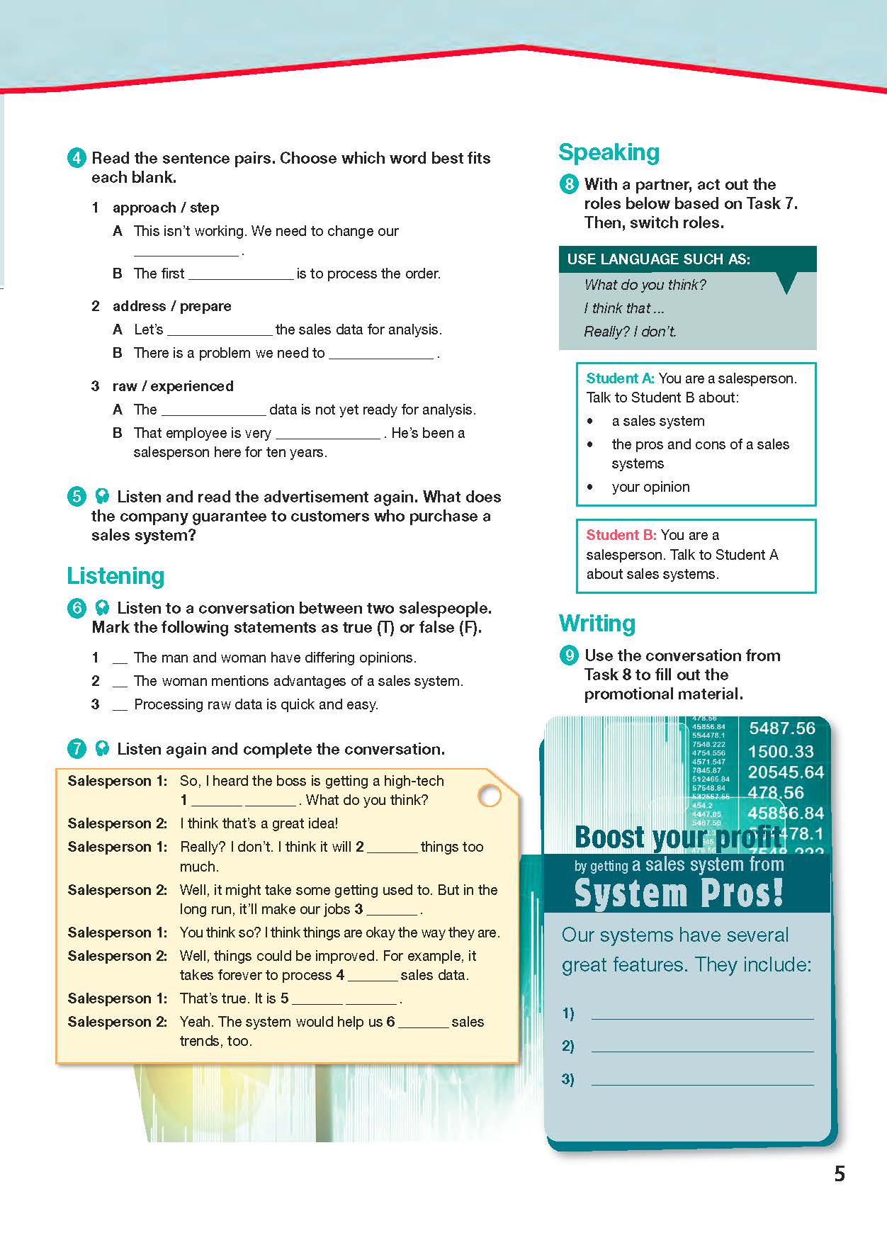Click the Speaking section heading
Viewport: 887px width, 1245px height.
[609, 152]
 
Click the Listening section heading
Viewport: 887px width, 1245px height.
[115, 576]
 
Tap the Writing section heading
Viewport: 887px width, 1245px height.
[597, 624]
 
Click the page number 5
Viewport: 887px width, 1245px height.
[840, 1174]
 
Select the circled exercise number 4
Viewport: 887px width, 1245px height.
[77, 158]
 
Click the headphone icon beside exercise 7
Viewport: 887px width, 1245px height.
[102, 749]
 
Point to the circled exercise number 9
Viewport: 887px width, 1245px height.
[569, 655]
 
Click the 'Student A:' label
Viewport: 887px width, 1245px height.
[620, 378]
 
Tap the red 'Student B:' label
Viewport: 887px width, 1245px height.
[621, 535]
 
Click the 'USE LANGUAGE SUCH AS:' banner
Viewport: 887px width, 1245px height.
[658, 259]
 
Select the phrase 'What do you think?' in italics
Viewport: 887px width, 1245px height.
[645, 285]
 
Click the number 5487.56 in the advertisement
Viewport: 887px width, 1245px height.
[782, 728]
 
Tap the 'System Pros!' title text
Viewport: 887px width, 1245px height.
[679, 893]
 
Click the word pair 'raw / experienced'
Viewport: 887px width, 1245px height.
[173, 386]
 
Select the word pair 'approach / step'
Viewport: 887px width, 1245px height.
[166, 208]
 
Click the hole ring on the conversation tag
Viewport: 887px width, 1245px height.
[490, 796]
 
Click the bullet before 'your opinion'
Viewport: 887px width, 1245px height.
[591, 488]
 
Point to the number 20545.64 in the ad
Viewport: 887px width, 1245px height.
[786, 772]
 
